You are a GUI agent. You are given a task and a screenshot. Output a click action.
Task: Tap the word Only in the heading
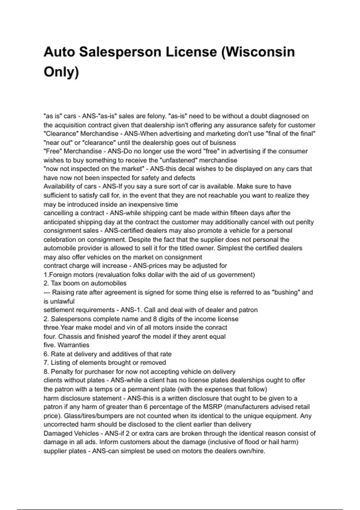(x=61, y=72)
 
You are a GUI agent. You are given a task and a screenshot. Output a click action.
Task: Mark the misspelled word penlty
(x=305, y=222)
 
